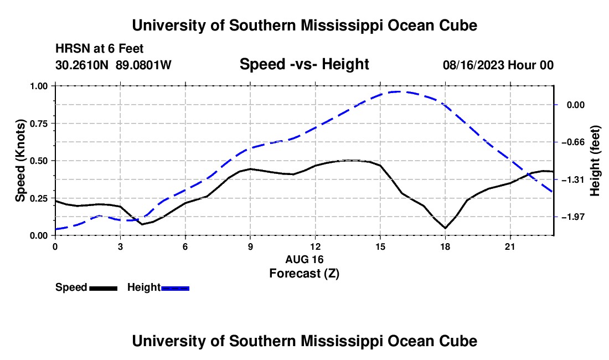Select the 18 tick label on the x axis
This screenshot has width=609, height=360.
click(445, 246)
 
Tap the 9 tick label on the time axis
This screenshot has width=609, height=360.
click(250, 246)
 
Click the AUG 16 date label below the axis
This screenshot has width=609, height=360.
click(304, 259)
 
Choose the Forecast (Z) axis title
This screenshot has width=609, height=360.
click(304, 274)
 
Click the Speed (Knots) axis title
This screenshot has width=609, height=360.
click(20, 161)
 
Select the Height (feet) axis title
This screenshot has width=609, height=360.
click(595, 161)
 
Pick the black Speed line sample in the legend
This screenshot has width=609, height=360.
click(104, 289)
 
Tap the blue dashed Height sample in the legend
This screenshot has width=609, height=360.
click(175, 289)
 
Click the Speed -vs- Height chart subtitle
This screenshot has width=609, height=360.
click(304, 64)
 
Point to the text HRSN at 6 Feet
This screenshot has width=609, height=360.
click(100, 49)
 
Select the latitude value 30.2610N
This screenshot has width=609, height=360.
click(82, 65)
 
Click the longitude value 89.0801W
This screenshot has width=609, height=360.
click(143, 65)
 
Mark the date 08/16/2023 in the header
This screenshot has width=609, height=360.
click(473, 65)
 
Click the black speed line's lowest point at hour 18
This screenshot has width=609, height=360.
click(445, 228)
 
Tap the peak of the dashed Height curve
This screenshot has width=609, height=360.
click(398, 91)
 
